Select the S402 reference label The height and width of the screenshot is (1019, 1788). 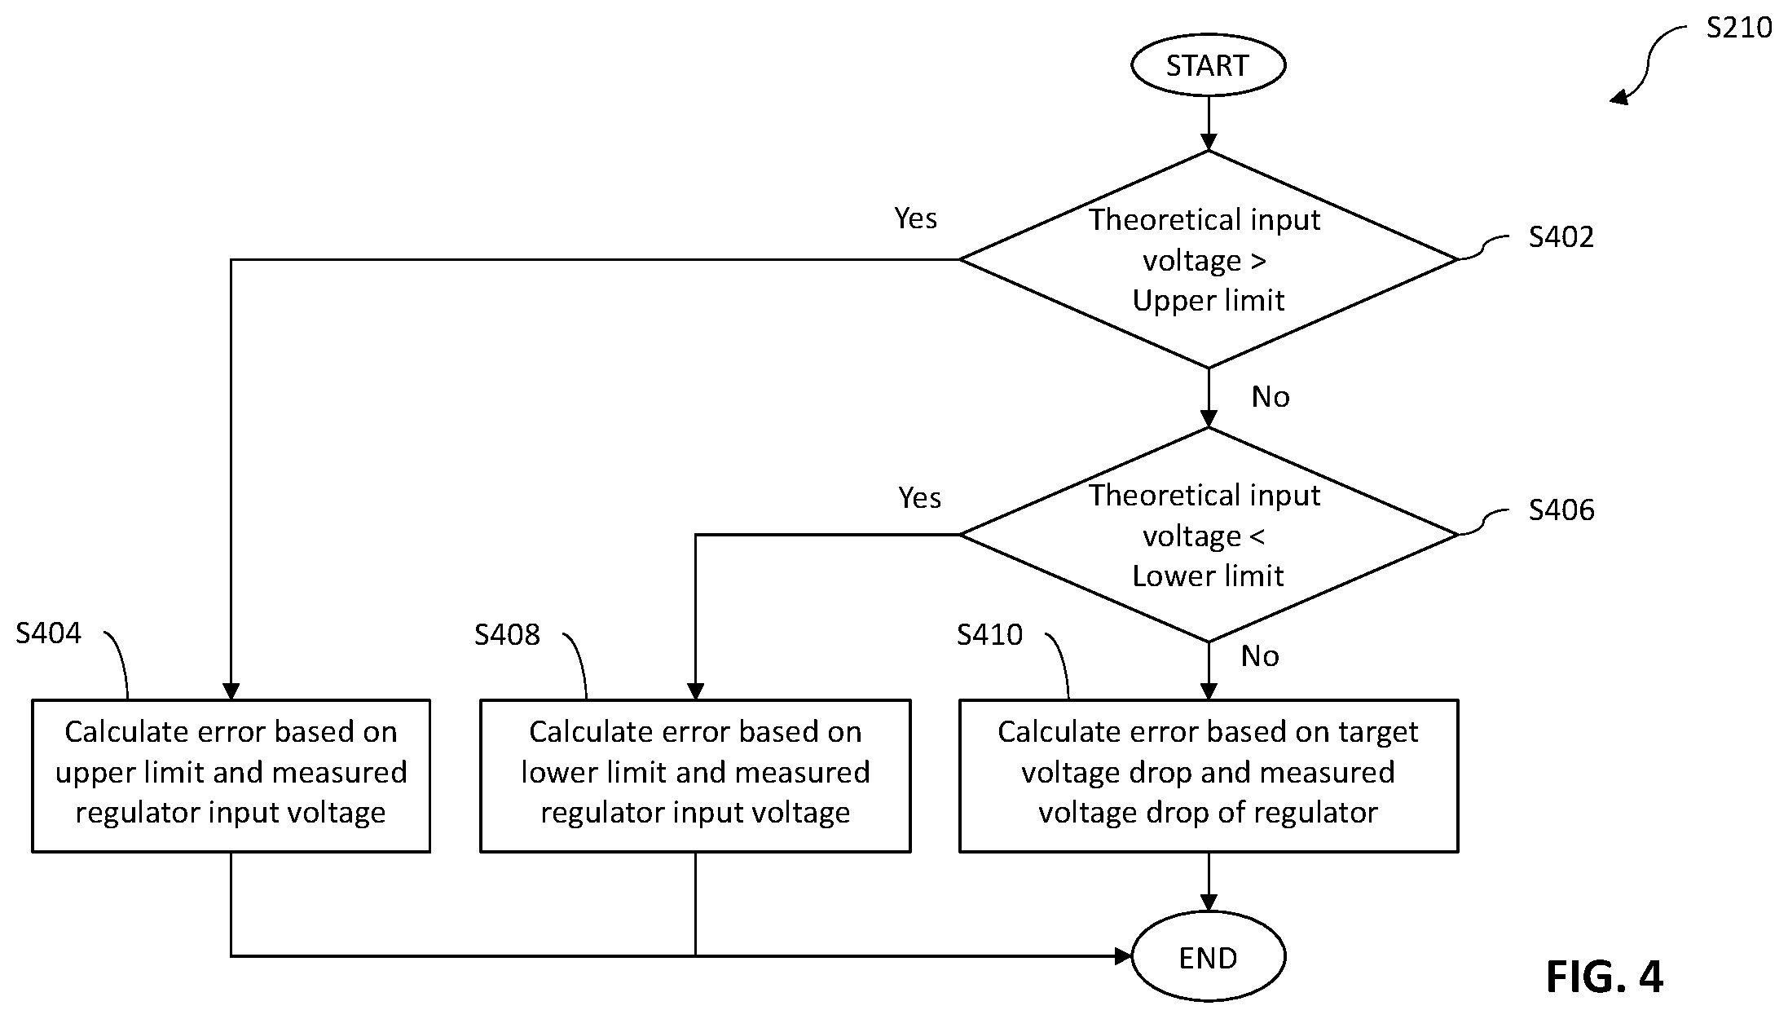(1561, 237)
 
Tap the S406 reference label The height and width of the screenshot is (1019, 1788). (1561, 510)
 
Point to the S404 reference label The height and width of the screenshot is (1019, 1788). (49, 633)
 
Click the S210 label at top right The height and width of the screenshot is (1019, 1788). (1739, 28)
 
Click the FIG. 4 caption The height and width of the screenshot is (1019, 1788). (1604, 976)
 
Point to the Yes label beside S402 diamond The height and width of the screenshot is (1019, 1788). (915, 218)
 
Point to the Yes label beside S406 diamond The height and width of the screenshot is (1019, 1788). (919, 498)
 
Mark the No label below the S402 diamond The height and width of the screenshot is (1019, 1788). (1271, 397)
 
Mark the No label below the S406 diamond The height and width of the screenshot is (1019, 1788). (1260, 656)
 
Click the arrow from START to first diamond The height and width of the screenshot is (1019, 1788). (1209, 123)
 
